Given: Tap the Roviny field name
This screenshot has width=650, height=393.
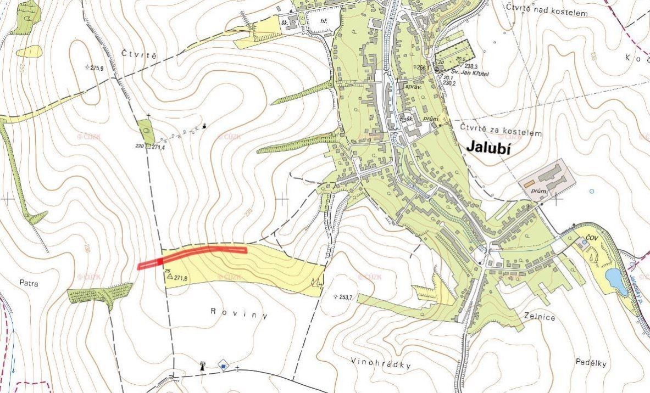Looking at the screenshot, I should pyautogui.click(x=239, y=313).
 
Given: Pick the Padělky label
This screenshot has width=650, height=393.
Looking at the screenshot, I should pyautogui.click(x=591, y=363).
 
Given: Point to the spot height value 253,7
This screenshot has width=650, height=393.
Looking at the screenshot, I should pyautogui.click(x=346, y=297).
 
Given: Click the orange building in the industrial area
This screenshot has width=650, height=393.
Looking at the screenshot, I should pyautogui.click(x=529, y=184).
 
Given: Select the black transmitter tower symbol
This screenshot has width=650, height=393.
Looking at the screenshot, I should pyautogui.click(x=202, y=365).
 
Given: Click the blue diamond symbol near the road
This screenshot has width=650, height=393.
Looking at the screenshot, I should pyautogui.click(x=223, y=364).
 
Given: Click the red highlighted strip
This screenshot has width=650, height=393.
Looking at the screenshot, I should pyautogui.click(x=192, y=253).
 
